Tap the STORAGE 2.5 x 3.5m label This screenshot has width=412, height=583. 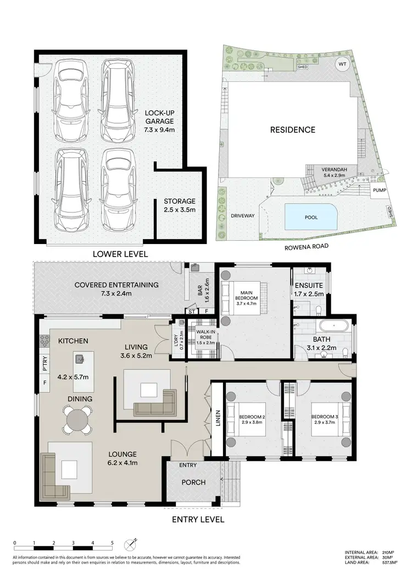pyautogui.click(x=179, y=206)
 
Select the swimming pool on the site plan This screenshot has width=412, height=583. pyautogui.click(x=310, y=217)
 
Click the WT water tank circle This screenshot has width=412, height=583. pyautogui.click(x=342, y=64)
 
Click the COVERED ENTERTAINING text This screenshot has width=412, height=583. pyautogui.click(x=116, y=285)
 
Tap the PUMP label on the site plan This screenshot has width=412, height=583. pyautogui.click(x=380, y=190)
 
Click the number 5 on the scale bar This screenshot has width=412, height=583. pyautogui.click(x=112, y=542)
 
